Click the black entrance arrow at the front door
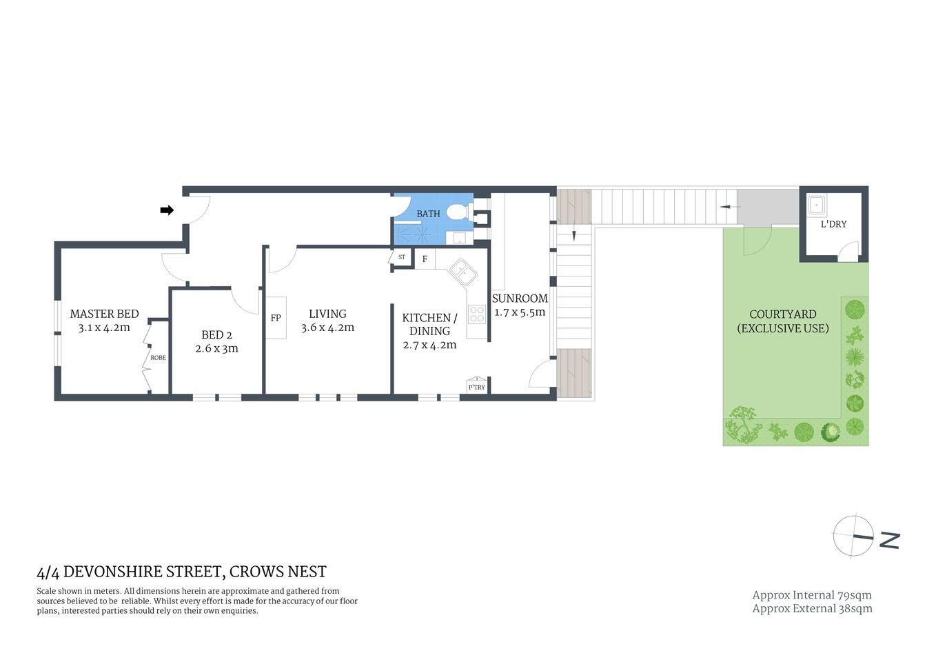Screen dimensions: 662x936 coord(167,210)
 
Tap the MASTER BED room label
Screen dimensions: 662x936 coord(104,314)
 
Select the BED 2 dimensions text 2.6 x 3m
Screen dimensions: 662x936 coord(216,349)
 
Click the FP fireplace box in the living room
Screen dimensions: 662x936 coord(276,318)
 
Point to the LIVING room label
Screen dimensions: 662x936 coord(327,314)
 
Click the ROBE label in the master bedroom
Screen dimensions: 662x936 coord(158,358)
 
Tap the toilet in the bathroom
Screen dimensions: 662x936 coord(456,212)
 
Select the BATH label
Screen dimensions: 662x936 coord(428,214)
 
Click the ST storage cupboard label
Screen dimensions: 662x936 coord(402,257)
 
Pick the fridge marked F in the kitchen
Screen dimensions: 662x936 coord(425,259)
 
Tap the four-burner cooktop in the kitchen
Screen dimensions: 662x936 coord(477,314)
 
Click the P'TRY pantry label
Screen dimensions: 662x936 coord(476,388)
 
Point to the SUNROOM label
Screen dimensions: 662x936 coord(520,299)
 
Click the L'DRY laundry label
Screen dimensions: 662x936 coord(833,224)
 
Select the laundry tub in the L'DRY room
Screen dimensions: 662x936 coord(817,205)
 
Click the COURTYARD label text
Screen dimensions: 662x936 coord(783,314)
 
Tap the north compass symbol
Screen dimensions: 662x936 coord(854,536)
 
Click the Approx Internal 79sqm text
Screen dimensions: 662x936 coord(812,595)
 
